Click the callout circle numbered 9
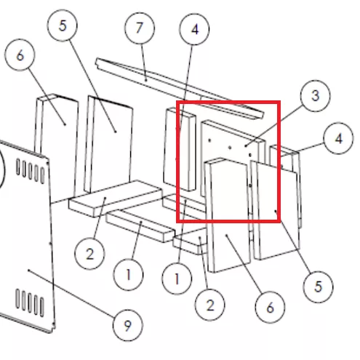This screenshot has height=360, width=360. point(128,325)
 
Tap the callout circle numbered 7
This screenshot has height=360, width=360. point(140,28)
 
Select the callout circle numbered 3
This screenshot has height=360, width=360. point(315,96)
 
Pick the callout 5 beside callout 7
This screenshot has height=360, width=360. point(63,25)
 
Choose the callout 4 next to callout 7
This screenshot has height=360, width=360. point(194,29)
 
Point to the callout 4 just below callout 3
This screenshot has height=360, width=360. point(338,138)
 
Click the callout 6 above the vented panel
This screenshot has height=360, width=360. point(20,55)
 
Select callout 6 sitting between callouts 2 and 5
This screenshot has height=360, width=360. point(270,308)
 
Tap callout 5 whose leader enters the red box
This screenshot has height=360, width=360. point(318,287)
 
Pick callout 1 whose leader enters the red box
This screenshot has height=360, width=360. point(177,279)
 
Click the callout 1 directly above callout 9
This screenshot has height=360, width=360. point(128,275)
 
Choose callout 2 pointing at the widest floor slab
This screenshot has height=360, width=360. point(89,254)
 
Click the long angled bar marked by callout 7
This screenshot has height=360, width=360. point(180,89)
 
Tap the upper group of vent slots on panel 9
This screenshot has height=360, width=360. point(31,170)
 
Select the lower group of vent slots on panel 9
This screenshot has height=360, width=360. point(30,303)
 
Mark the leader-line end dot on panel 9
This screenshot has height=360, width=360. point(28,270)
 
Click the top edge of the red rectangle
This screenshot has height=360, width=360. point(228,103)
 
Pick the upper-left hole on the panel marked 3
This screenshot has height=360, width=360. point(209,140)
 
